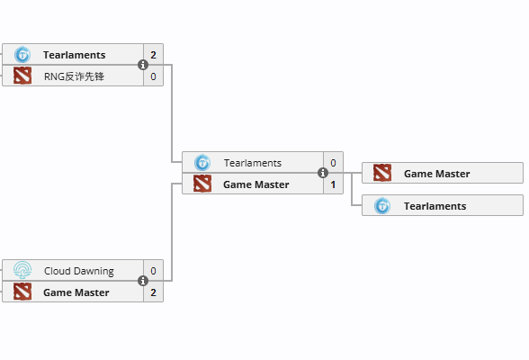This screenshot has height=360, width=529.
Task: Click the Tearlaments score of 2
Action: coord(153,55)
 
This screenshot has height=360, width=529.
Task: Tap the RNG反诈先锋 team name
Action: coord(74,76)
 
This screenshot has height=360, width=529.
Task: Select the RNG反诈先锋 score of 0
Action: coord(153,76)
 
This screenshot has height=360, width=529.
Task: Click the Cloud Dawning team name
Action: coord(79,271)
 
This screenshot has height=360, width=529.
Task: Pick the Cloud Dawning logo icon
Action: coord(22,270)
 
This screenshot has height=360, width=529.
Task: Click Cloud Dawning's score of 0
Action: coord(153,271)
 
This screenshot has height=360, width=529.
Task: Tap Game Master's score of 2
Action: coord(153,292)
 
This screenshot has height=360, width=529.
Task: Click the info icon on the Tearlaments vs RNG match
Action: coord(143,65)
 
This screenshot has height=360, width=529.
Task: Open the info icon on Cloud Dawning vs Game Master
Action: coord(143,281)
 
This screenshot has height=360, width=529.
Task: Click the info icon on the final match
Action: coord(323,173)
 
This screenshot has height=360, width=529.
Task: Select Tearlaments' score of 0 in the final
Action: coord(333,163)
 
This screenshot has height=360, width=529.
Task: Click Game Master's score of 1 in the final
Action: coord(333,184)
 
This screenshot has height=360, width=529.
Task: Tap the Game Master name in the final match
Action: coord(256,184)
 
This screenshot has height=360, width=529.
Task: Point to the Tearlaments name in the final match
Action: coord(253,163)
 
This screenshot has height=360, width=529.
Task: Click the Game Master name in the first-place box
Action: coord(437,174)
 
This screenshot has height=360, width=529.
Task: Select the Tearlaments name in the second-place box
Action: coord(435,206)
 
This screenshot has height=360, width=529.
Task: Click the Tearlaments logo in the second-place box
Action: coord(382,206)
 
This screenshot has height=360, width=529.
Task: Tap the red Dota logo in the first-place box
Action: coord(382,173)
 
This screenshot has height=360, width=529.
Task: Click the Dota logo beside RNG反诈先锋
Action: coord(22,76)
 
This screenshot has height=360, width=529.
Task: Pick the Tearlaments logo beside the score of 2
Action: coord(22,55)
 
